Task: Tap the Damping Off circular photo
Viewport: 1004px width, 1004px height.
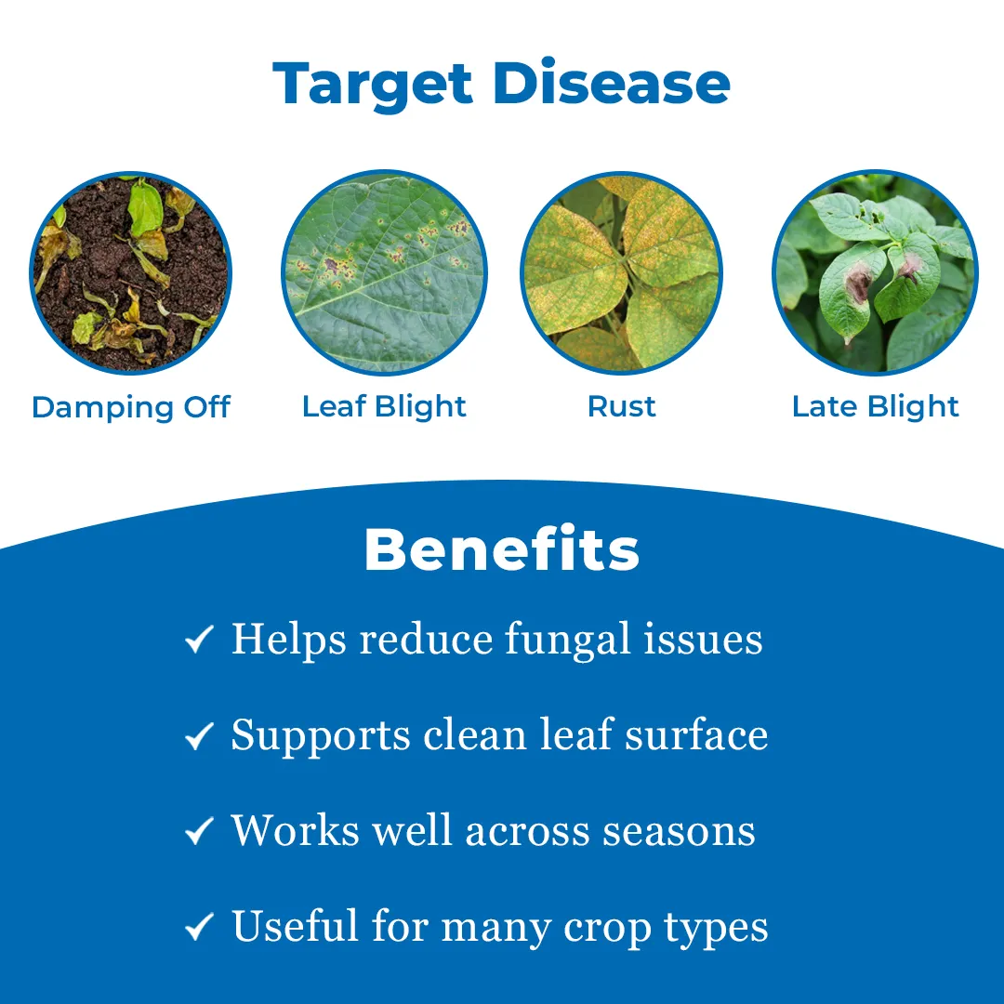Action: point(131,273)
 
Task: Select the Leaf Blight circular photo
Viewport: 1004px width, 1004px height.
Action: point(384,273)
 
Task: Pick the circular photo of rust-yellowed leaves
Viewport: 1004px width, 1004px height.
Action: point(622,273)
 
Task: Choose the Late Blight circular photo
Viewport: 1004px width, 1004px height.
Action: point(875,273)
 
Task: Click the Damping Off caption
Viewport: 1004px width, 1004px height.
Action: point(131,407)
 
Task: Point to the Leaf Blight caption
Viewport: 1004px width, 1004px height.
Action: point(384,407)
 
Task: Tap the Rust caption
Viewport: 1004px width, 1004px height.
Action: point(622,406)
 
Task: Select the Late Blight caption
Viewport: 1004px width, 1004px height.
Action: point(875,407)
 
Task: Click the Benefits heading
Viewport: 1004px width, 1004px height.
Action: point(502,549)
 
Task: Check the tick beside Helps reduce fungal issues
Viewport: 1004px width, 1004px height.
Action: point(200,641)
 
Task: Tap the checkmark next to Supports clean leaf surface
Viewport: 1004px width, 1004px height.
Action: point(200,736)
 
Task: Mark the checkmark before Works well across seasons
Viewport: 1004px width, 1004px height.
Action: point(200,832)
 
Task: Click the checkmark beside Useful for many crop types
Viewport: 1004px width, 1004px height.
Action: point(200,928)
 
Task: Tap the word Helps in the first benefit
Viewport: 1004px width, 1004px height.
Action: point(290,640)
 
